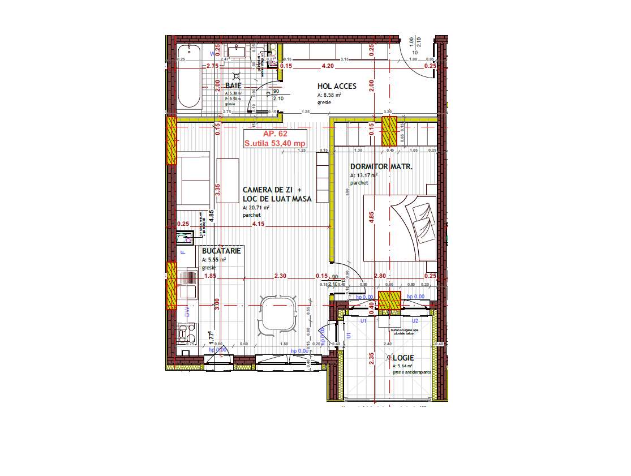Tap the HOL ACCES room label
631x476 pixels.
[x=337, y=86]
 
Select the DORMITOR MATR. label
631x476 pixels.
[x=381, y=167]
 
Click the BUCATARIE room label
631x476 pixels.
[x=222, y=250]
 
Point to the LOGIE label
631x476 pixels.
[x=404, y=358]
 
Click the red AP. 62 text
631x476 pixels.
[x=274, y=134]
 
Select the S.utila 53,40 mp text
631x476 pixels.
[x=274, y=144]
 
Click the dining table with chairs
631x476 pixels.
[x=278, y=314]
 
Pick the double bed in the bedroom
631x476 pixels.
[x=400, y=228]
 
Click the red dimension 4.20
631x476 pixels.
[x=327, y=66]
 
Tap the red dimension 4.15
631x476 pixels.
[x=258, y=224]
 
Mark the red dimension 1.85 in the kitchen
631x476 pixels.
[x=210, y=276]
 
